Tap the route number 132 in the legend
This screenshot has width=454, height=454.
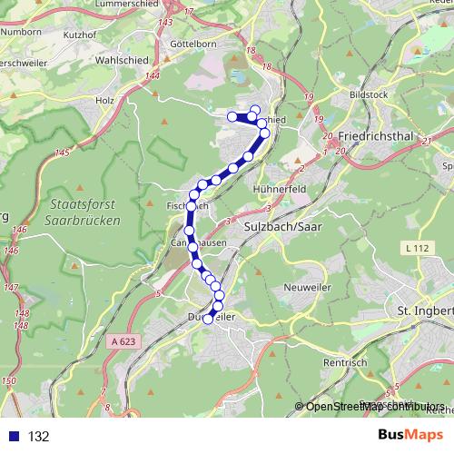tap(39, 437)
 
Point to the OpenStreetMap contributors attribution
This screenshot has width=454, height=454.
tap(374, 406)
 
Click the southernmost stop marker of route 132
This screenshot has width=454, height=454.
tap(208, 318)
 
